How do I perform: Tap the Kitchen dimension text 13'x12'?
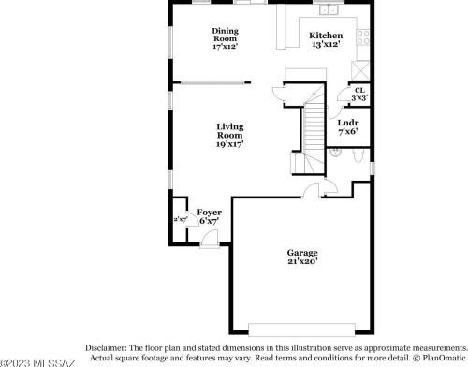coord(324,44)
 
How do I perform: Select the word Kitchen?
coord(325,36)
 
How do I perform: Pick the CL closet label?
coord(358,91)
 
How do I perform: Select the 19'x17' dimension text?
coord(230,143)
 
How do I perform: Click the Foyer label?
coord(209,213)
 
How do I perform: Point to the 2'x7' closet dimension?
coord(179,219)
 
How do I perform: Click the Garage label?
coord(302,252)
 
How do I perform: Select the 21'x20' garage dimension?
coord(302,261)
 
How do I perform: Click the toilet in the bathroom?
coord(361,161)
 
